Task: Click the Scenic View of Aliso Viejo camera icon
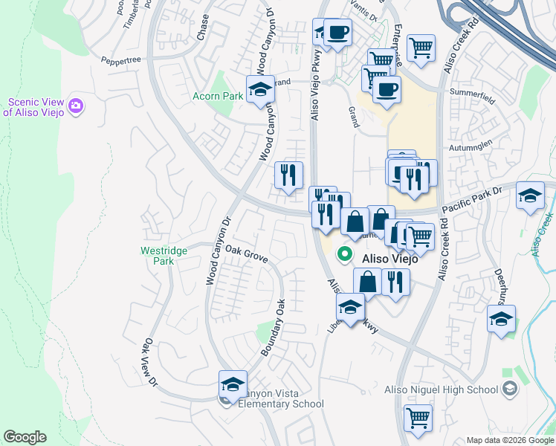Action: (x=75, y=106)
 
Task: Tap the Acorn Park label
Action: (x=218, y=97)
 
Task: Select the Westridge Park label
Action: (x=164, y=256)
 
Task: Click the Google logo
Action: (x=25, y=437)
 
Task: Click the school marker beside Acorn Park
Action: (x=260, y=90)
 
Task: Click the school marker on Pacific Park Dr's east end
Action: (x=530, y=195)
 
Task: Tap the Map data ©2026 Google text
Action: (x=509, y=440)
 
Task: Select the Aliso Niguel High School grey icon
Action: (x=510, y=388)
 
